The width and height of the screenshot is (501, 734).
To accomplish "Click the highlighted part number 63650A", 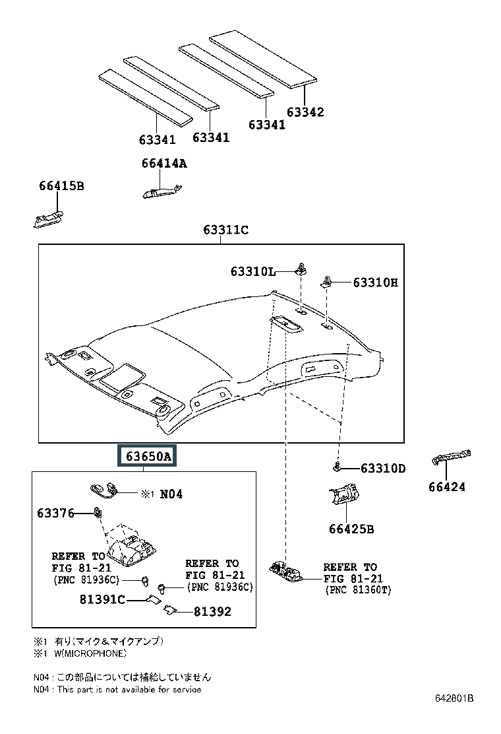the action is [x=146, y=455].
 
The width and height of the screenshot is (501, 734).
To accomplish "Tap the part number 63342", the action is [x=305, y=112].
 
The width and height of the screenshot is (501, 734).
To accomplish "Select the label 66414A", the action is [x=164, y=164].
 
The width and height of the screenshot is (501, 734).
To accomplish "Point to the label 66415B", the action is [x=61, y=186].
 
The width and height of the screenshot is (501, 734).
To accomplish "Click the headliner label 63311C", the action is [x=225, y=230].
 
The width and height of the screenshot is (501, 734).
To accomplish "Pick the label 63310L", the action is [x=252, y=271].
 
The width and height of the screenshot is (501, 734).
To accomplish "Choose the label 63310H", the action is [x=375, y=283].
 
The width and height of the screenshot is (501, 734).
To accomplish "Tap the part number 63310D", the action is [x=383, y=468].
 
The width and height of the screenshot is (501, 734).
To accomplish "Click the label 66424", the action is [x=447, y=487].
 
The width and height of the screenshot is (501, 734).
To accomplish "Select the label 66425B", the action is [x=351, y=529].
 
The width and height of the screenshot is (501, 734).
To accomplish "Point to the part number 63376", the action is [x=55, y=514].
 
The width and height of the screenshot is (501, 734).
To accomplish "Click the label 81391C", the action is [x=102, y=599].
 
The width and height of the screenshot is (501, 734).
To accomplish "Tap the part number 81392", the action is [x=212, y=611].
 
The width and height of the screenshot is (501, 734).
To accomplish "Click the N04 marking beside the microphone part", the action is [x=171, y=494].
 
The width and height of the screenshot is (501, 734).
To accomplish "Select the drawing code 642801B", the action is [x=454, y=698].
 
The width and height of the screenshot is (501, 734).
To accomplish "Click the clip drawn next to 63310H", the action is [x=327, y=282].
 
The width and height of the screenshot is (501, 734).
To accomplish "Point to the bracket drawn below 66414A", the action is [x=162, y=191].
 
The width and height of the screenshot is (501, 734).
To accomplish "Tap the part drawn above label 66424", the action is [x=451, y=456].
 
